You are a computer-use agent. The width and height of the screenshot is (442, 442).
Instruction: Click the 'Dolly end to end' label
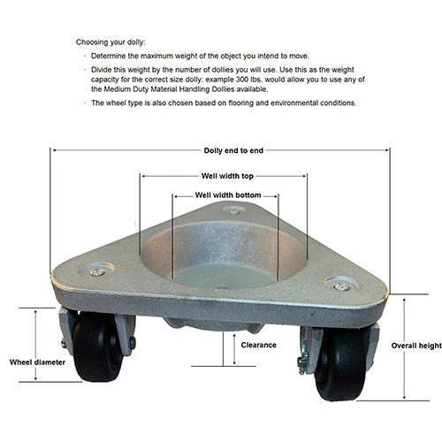pos(233,150)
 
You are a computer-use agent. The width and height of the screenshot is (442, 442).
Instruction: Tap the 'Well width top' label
pos(227,176)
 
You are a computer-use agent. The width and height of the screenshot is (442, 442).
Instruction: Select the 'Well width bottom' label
pos(228,195)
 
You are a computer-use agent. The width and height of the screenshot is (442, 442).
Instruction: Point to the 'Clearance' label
pos(258,345)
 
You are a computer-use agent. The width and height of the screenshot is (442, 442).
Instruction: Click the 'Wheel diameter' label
pos(37,362)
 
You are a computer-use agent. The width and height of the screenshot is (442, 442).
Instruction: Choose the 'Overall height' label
pos(416,346)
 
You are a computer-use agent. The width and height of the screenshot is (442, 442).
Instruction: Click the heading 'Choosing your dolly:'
pos(110,42)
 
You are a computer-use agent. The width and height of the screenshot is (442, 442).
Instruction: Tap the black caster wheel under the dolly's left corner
pos(97,347)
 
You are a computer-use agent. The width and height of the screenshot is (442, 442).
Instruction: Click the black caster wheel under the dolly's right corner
pos(343,365)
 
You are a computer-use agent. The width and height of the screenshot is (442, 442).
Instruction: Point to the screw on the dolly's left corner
pos(97,272)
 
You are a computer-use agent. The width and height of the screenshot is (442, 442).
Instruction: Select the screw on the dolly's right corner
pos(342,286)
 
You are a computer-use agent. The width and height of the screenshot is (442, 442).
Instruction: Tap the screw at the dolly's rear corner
pos(233,211)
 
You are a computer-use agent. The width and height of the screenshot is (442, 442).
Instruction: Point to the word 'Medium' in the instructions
pos(118,89)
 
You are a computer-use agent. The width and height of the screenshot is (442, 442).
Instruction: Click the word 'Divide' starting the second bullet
pos(101,70)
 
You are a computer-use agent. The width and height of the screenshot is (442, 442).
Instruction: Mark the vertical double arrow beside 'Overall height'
pos(404,348)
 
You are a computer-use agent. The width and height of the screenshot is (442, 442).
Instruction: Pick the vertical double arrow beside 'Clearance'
pos(234,349)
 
